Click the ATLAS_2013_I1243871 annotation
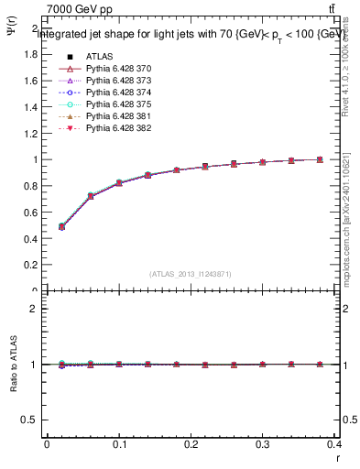coord(191,274)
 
